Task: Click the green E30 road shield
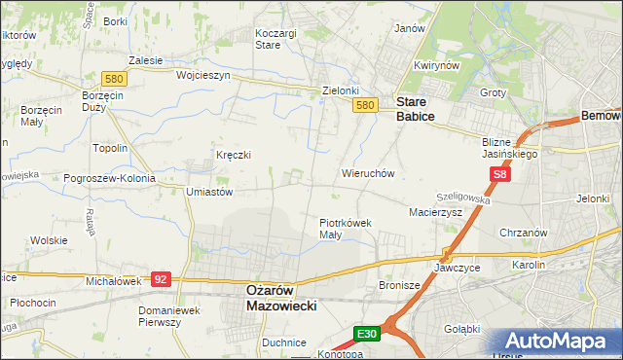(366, 334)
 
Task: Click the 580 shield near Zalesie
(114, 78)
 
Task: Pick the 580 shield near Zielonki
(365, 105)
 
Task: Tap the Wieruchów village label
(367, 173)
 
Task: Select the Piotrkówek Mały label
(346, 229)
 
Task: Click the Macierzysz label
(435, 211)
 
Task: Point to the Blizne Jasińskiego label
(510, 147)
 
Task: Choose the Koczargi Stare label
(275, 38)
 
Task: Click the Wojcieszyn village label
(202, 75)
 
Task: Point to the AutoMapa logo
(561, 342)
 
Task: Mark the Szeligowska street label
(464, 198)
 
